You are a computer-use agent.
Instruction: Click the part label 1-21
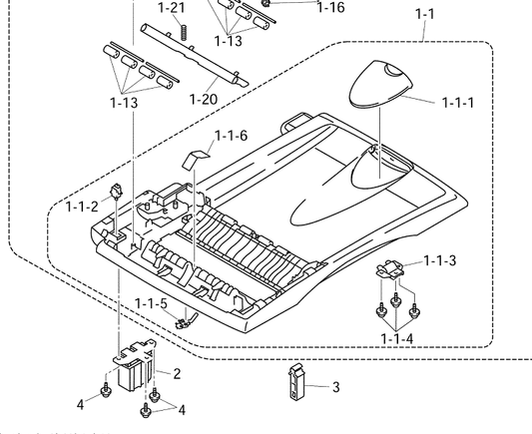pos(172,7)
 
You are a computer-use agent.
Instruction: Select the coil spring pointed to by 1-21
pos(184,33)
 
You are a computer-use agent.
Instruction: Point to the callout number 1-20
pos(204,100)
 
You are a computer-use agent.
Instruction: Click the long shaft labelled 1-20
pos(195,56)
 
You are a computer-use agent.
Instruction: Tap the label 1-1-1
pos(458,103)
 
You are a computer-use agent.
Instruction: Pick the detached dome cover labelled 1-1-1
pos(380,85)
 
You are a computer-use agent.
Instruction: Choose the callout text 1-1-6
pos(232,136)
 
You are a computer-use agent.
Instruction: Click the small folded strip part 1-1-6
pos(196,159)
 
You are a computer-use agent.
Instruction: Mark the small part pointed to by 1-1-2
pos(116,192)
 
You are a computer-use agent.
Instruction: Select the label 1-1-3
pos(440,260)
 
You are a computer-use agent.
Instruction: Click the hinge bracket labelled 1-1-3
pos(390,270)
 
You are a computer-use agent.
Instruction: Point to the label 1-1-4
pos(397,339)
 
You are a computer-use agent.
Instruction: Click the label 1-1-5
pos(151,303)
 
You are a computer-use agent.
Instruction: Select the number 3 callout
pos(336,387)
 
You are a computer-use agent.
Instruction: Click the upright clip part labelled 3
pos(295,381)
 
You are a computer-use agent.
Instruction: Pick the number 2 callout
pos(177,374)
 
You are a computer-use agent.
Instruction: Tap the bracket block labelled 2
pos(135,365)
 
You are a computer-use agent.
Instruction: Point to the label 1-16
pos(330,7)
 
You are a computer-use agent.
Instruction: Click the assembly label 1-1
pos(425,14)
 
